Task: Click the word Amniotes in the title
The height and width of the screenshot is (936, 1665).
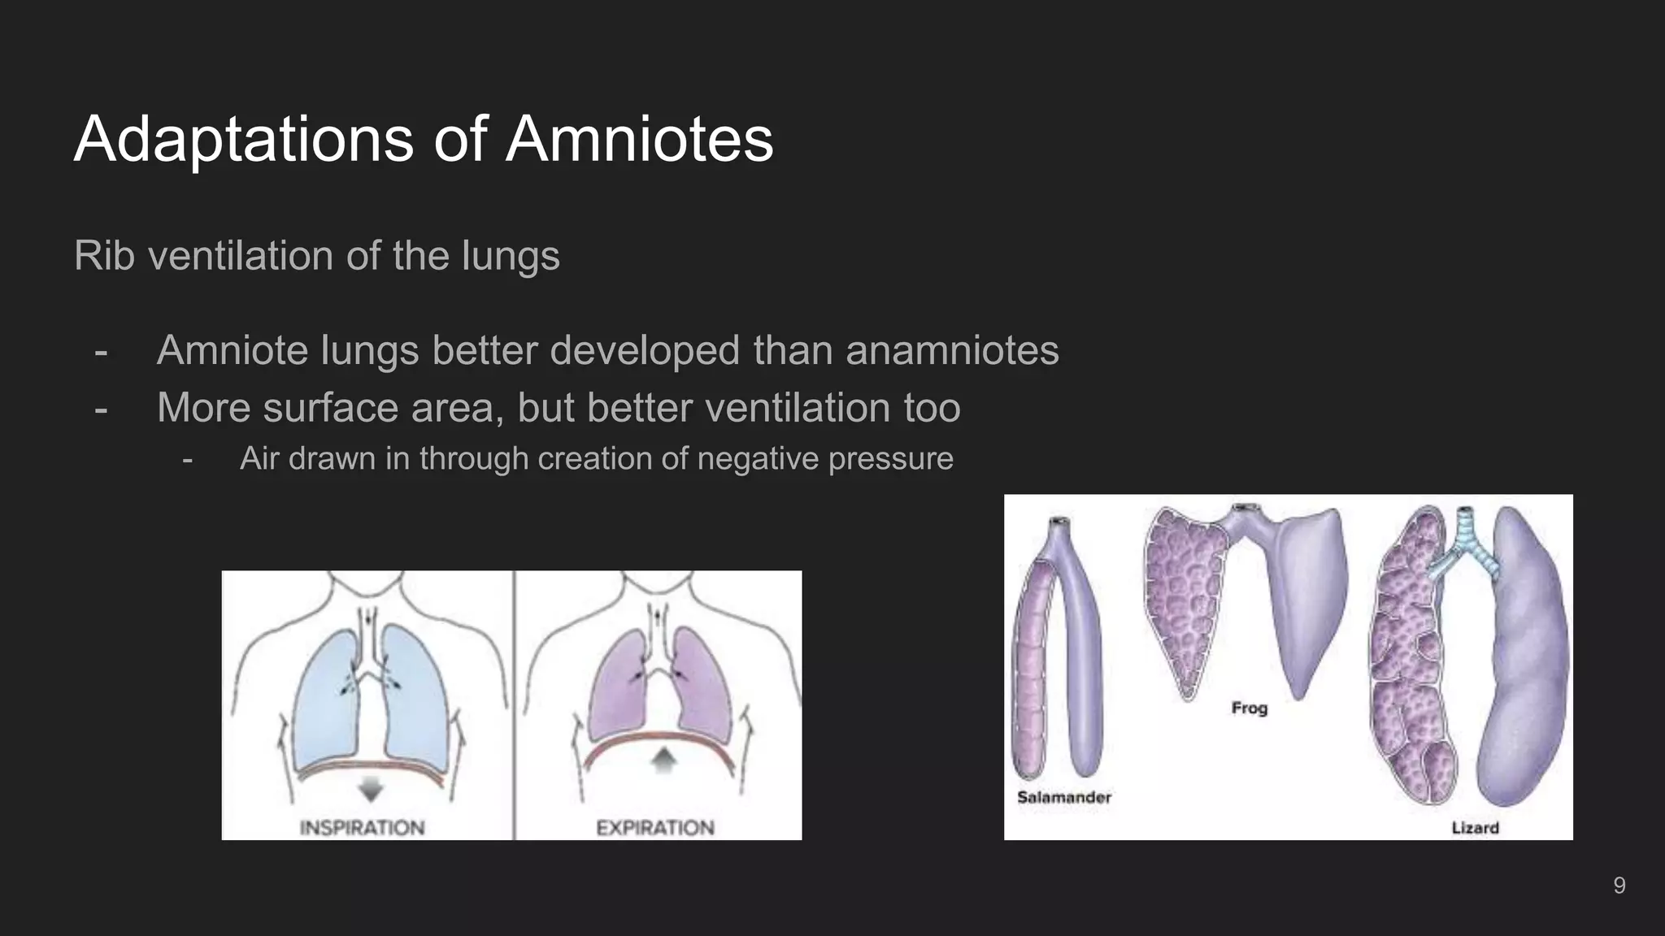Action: (639, 139)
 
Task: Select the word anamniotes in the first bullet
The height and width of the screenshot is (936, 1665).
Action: (952, 351)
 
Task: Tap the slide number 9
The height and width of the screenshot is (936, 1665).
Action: (1619, 885)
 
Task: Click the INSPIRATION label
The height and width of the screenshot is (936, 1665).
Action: (362, 827)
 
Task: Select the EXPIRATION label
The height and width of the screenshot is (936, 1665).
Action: (655, 827)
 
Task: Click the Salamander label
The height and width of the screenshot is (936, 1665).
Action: (1063, 797)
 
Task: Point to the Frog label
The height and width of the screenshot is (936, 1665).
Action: (1249, 708)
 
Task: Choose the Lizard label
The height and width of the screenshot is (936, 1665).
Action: (1475, 828)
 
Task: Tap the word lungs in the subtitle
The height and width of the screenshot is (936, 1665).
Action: (511, 257)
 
